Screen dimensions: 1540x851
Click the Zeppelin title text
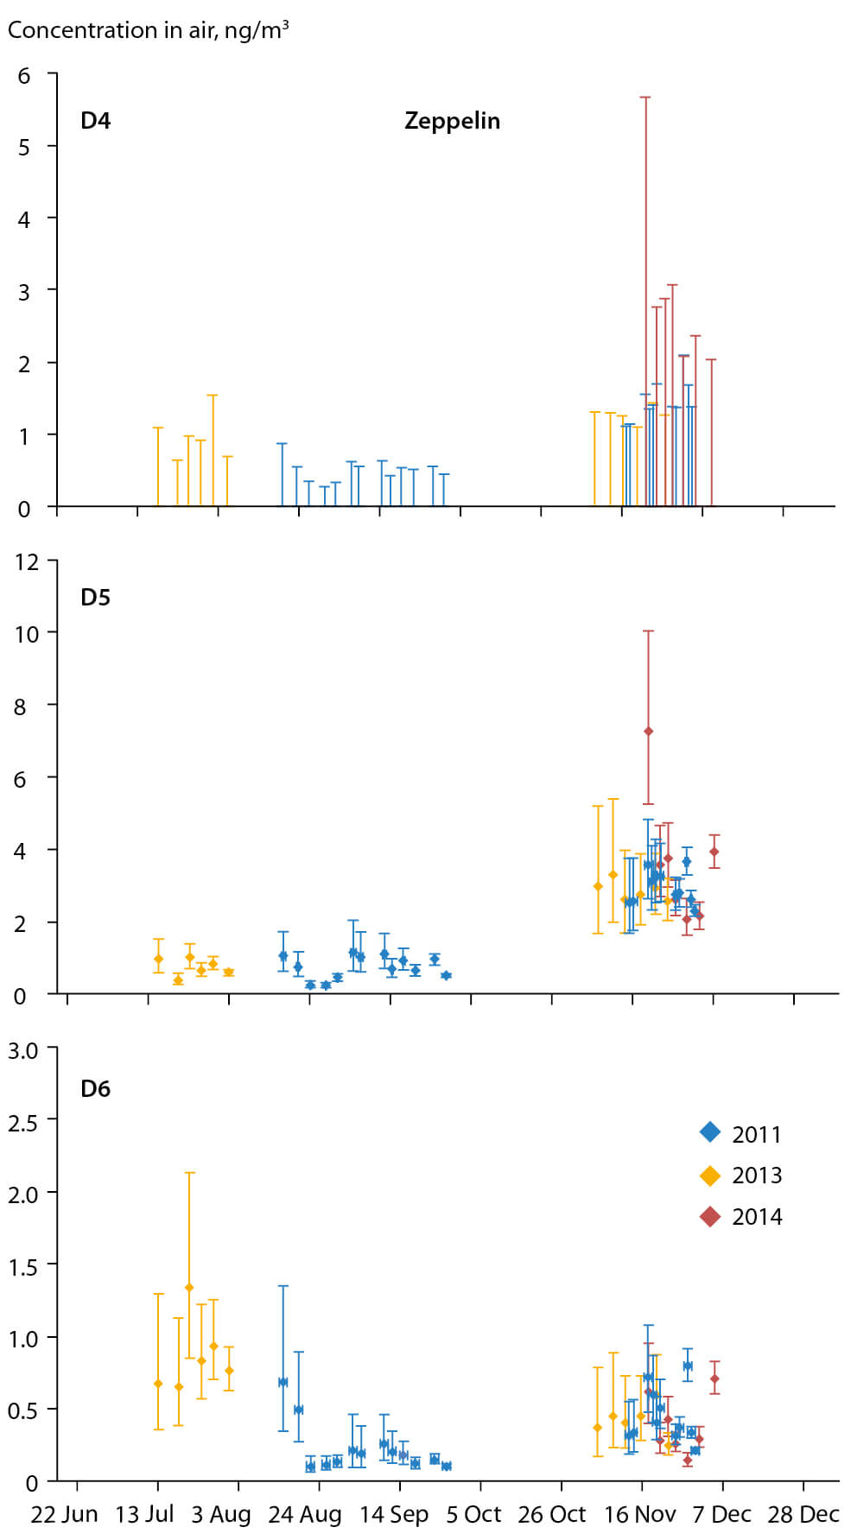click(x=452, y=121)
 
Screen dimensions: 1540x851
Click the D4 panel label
click(x=95, y=121)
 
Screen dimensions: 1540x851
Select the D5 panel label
click(x=95, y=598)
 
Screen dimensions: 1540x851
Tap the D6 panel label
click(x=95, y=1088)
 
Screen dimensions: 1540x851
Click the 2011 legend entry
click(x=740, y=1134)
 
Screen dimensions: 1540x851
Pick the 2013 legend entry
click(x=740, y=1176)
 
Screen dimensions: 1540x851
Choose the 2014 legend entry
click(x=740, y=1217)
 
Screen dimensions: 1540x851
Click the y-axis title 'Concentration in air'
click(x=148, y=30)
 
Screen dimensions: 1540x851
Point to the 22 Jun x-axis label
click(x=65, y=1515)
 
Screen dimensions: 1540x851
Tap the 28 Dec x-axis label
click(x=803, y=1515)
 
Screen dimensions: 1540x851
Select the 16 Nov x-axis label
click(x=640, y=1515)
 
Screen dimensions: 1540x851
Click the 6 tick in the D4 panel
click(x=24, y=76)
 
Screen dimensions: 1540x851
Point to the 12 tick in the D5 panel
click(x=28, y=561)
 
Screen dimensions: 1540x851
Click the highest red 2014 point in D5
click(x=648, y=732)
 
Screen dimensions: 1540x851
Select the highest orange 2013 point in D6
click(x=189, y=1288)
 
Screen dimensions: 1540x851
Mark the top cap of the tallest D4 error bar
click(x=645, y=98)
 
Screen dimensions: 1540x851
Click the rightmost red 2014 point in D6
click(x=714, y=1379)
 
